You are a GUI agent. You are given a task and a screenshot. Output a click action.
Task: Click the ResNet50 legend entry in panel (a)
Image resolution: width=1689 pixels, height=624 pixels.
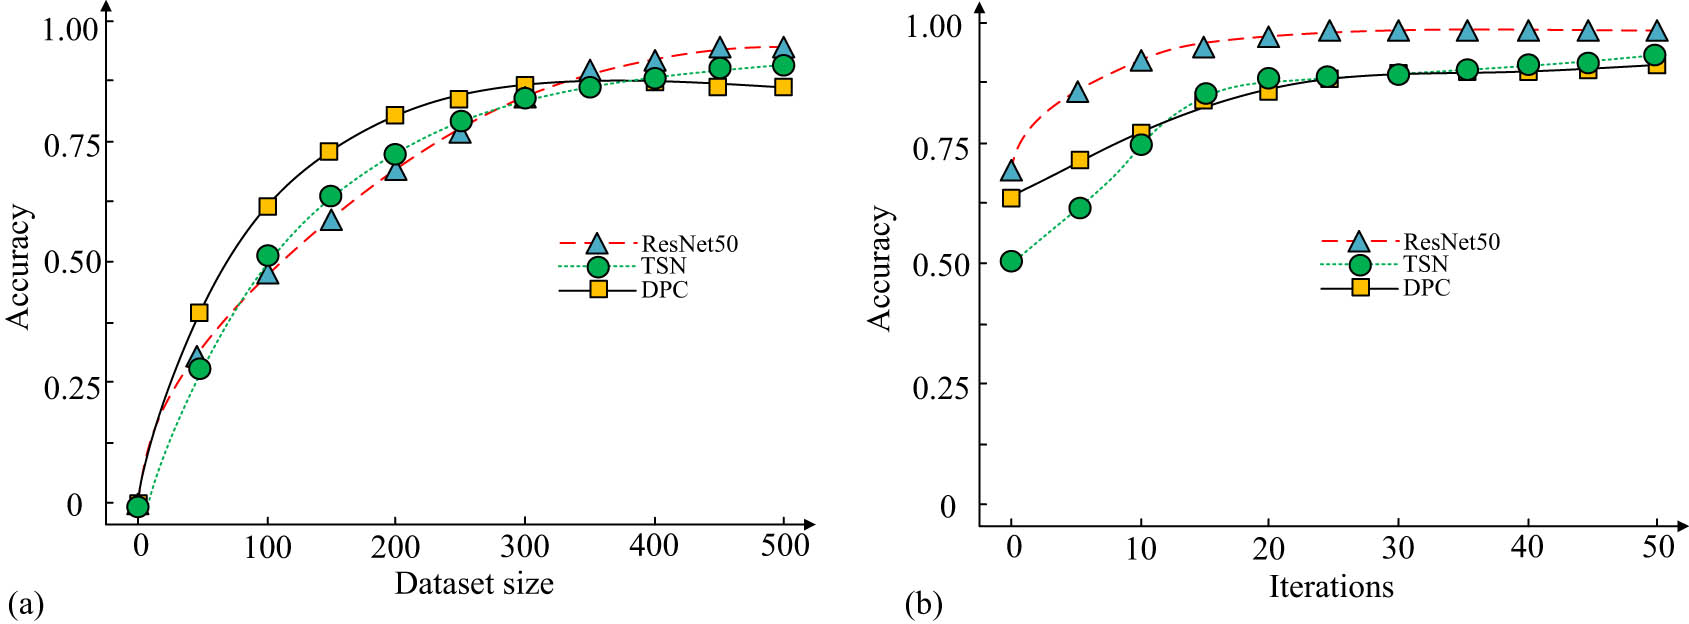pos(689,243)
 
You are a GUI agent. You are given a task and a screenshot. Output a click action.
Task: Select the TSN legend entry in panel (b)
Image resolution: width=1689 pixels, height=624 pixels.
pos(1425,264)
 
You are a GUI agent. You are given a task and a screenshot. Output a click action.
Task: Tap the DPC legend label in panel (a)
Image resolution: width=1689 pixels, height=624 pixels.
pos(664,290)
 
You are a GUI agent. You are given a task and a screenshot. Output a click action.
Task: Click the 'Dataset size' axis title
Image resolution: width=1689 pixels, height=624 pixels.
pos(474,583)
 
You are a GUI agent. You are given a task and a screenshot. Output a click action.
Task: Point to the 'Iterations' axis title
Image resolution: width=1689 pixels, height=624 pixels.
pos(1331,586)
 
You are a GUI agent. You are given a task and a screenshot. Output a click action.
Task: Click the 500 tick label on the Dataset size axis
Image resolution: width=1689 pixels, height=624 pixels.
pos(784,545)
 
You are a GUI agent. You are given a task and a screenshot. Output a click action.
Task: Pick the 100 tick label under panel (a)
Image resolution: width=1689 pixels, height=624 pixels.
pos(268,546)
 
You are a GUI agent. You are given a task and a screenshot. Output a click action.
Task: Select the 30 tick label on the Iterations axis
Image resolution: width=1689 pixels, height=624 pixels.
pos(1398,547)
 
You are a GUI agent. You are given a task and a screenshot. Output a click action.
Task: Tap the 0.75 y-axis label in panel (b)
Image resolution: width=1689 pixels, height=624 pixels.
pos(940,148)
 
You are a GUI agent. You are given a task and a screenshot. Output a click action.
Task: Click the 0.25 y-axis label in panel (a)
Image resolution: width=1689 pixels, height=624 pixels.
pos(72,387)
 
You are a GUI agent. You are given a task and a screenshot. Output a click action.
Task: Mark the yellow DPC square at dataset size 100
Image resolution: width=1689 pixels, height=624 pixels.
pos(267,206)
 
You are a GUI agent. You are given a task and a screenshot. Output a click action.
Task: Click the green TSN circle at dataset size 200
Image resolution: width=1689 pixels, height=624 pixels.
pos(395,155)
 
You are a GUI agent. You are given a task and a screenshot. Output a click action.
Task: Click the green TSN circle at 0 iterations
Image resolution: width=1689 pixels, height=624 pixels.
pos(1011,261)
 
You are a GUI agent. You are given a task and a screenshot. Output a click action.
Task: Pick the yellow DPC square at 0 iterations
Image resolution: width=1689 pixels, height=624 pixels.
pos(1011,197)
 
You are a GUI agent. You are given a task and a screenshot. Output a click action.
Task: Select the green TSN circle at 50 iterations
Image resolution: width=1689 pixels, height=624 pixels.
pos(1655,55)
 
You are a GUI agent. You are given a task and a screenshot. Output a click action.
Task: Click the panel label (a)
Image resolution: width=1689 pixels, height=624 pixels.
pos(25,604)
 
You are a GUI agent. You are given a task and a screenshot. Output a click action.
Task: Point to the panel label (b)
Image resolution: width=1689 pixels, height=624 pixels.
pos(923,604)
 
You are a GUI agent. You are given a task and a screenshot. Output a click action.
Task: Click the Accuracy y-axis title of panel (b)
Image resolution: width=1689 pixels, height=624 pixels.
pos(880,268)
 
